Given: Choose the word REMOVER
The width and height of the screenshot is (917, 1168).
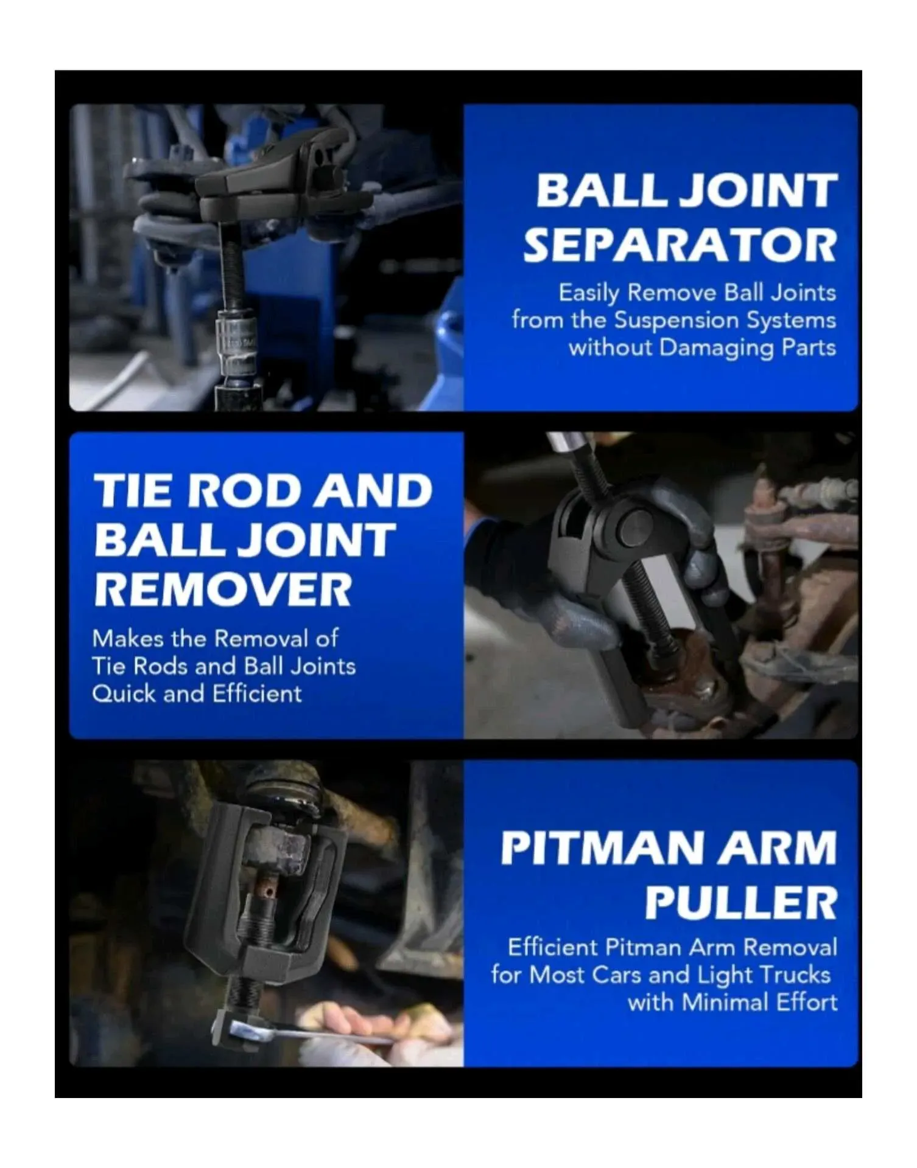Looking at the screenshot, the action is click(223, 589).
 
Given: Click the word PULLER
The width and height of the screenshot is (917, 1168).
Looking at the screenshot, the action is click(741, 903).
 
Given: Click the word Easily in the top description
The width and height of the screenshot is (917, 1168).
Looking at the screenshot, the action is click(589, 294).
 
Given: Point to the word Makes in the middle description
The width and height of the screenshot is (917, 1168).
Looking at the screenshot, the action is click(128, 639).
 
